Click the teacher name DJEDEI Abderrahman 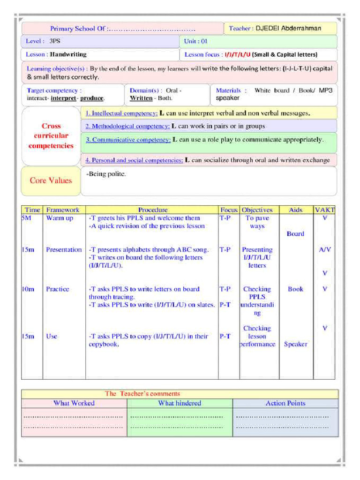[288, 29]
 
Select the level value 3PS [55, 41]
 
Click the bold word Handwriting [68, 54]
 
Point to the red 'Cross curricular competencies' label [51, 136]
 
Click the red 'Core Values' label [51, 180]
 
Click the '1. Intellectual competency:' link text [121, 113]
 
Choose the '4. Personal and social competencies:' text [134, 160]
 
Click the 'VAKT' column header [325, 210]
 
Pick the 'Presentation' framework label [64, 250]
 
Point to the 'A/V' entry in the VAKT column [325, 250]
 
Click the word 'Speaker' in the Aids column [295, 344]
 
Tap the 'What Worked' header [74, 403]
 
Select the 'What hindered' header [180, 403]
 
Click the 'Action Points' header [285, 403]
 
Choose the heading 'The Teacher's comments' [142, 394]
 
